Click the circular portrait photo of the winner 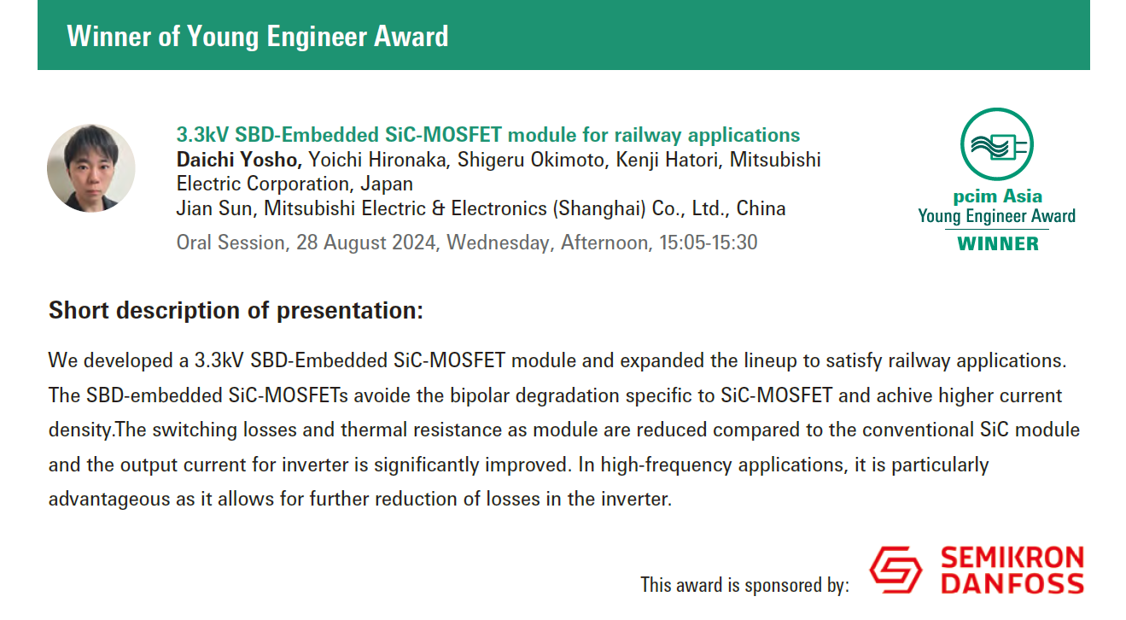[91, 168]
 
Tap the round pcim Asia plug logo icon [997, 144]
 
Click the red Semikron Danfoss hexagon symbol [896, 570]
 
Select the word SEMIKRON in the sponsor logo [1012, 558]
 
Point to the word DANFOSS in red [1012, 583]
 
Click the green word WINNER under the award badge [998, 244]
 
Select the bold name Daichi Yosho [239, 160]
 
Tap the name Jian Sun [214, 208]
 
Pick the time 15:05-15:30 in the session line [709, 243]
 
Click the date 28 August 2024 [365, 243]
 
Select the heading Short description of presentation [236, 310]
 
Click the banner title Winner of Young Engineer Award [257, 36]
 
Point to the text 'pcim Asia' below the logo [998, 196]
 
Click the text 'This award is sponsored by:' [744, 585]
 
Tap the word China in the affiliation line [761, 208]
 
